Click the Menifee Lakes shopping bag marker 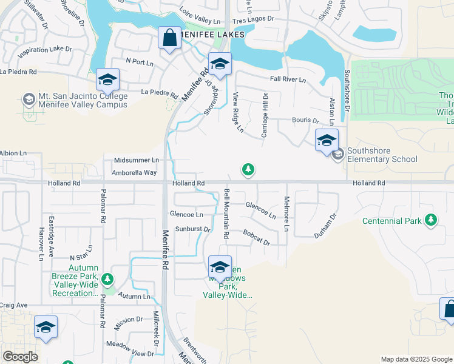click(170, 38)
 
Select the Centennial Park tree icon click(431, 220)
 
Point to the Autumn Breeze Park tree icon click(107, 279)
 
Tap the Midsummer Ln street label click(137, 160)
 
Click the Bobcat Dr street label click(256, 237)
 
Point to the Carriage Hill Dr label click(264, 115)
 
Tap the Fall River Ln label click(288, 79)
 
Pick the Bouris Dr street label click(305, 121)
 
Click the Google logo click(20, 357)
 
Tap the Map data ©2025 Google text click(416, 359)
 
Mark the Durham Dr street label click(325, 225)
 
